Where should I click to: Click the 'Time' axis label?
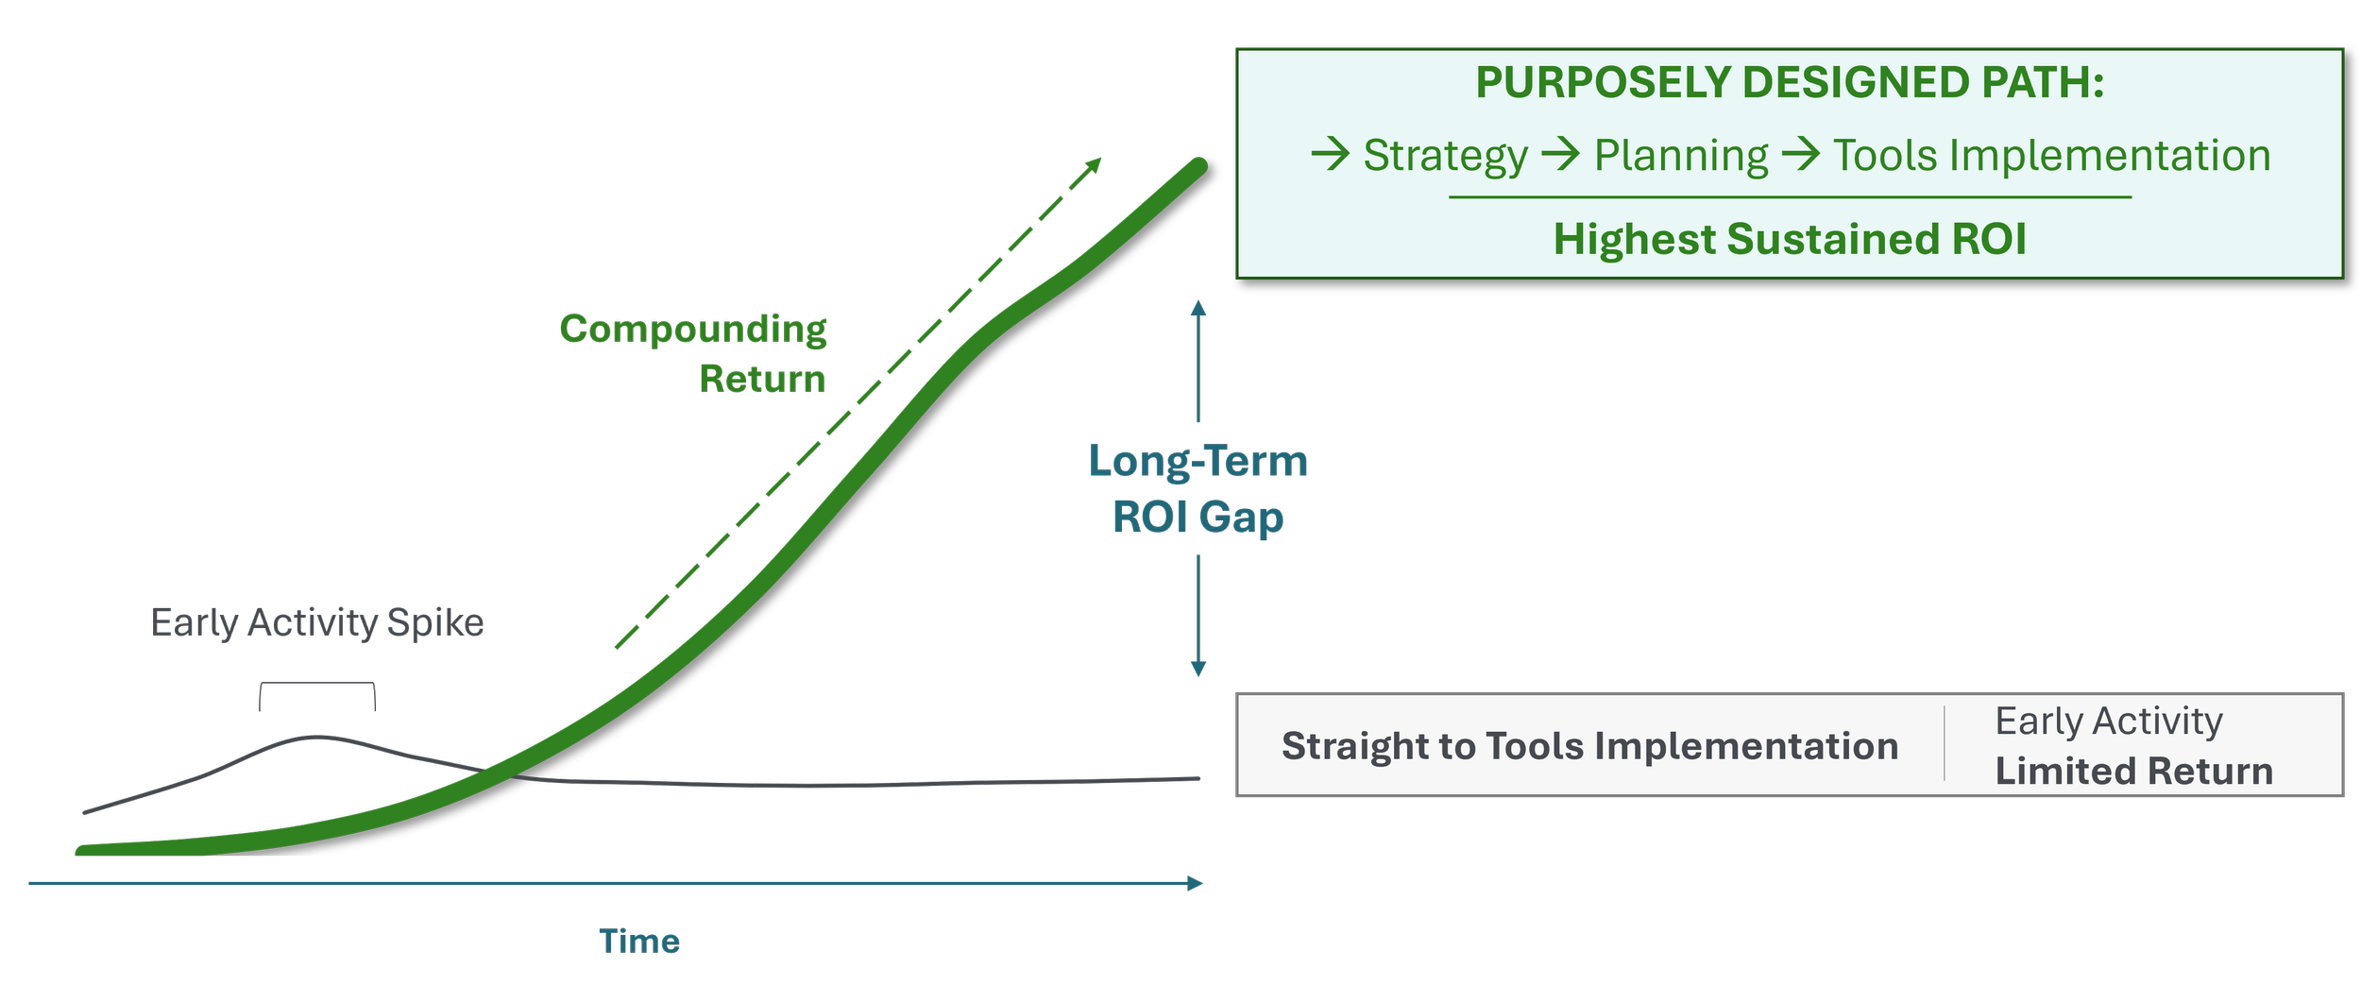(639, 942)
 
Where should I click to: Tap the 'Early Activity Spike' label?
(317, 623)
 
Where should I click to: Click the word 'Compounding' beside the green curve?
(693, 329)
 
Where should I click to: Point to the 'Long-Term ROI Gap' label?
(1197, 489)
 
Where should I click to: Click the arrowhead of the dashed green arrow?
(1095, 164)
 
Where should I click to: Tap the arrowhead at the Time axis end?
(1196, 883)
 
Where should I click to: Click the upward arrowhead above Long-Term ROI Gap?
(1198, 308)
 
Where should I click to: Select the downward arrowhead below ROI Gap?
(1198, 669)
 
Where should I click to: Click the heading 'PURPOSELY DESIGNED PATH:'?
(1790, 83)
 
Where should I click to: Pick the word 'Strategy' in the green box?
(1445, 156)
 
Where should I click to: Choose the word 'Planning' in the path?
(1681, 156)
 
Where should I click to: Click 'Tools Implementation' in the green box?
(2051, 156)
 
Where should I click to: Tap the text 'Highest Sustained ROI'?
(1790, 239)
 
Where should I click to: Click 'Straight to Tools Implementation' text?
(1589, 746)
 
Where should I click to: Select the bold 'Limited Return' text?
(2133, 772)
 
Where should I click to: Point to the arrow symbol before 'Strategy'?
(1331, 154)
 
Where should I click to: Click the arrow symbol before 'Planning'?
(1561, 154)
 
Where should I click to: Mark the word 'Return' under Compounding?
(762, 379)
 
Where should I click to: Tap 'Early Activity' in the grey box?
(2108, 722)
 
